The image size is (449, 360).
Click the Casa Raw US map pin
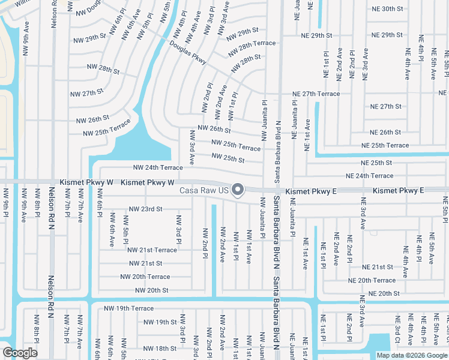(x=238, y=190)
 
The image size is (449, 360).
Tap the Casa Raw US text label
(x=205, y=191)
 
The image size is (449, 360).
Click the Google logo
(x=20, y=353)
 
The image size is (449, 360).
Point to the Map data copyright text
(x=411, y=355)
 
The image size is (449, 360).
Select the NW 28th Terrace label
(x=252, y=43)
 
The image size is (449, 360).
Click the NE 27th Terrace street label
(x=316, y=94)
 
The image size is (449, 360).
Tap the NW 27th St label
(x=86, y=94)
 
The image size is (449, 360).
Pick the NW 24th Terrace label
(x=157, y=168)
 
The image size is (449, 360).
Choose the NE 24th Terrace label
(x=370, y=176)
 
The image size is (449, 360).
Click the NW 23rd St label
(x=146, y=209)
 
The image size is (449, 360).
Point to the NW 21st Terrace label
(x=152, y=250)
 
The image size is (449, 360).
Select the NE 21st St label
(x=378, y=267)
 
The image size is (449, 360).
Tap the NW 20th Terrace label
(x=145, y=277)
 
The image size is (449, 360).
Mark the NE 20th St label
(x=384, y=293)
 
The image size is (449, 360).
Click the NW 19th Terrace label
(x=128, y=308)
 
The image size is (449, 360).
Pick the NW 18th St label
(x=157, y=349)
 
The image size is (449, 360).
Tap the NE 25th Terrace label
(x=385, y=145)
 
